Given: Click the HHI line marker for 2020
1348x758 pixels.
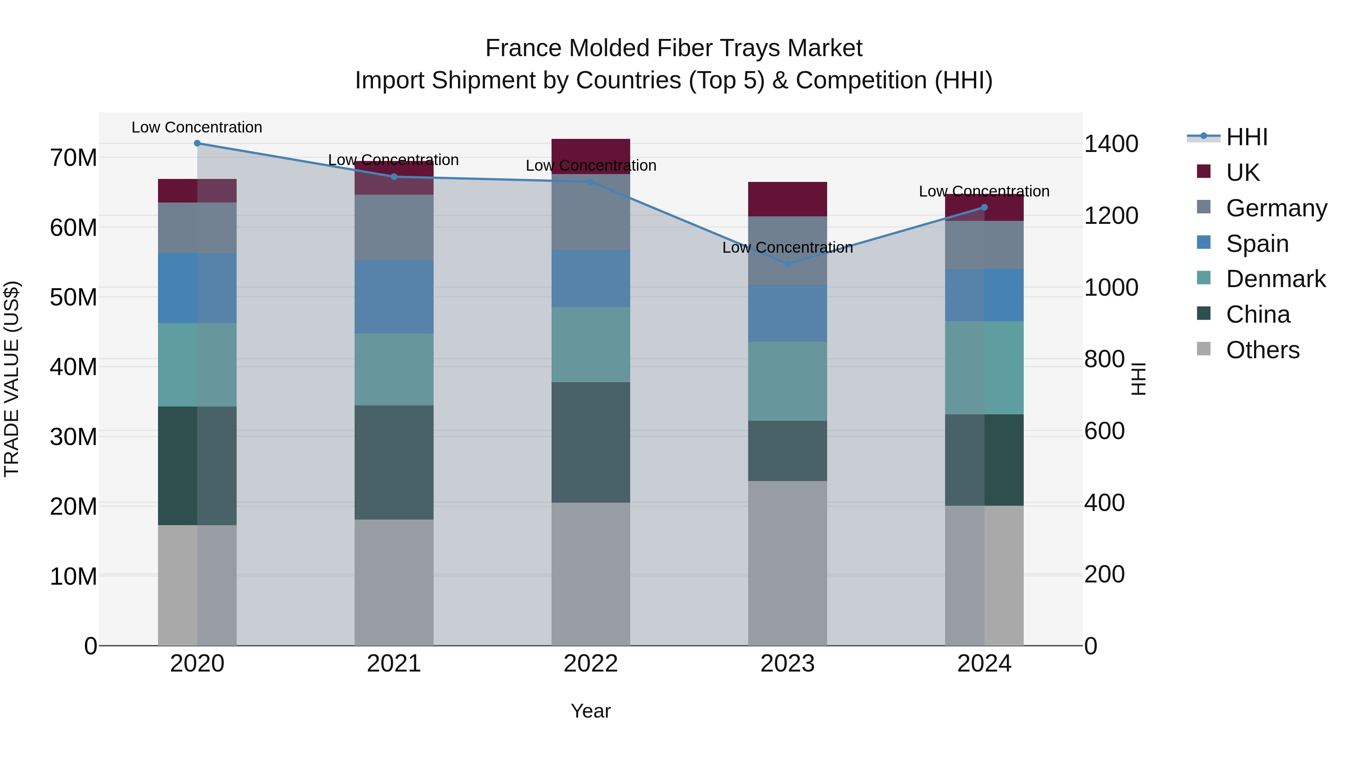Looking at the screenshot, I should click(x=197, y=143).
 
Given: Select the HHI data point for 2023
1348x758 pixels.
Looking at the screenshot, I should click(x=787, y=264).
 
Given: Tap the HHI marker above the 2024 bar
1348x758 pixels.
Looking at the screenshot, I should click(x=984, y=208).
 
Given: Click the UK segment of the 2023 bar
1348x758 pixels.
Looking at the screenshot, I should click(x=787, y=199).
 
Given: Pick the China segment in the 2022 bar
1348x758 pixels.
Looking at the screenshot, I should click(x=591, y=442).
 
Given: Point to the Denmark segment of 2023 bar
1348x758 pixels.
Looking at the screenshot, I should click(x=787, y=381).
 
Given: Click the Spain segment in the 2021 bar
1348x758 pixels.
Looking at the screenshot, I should click(x=394, y=297).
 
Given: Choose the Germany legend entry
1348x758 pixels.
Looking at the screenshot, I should click(x=1276, y=208).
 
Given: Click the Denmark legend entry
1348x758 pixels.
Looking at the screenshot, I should click(x=1275, y=279).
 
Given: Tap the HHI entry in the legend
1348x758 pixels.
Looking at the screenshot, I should click(x=1247, y=137).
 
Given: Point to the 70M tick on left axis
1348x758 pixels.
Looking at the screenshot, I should click(x=73, y=158).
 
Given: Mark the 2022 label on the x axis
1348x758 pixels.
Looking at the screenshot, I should click(x=591, y=664).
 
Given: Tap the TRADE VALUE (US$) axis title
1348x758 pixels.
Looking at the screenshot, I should click(x=12, y=379).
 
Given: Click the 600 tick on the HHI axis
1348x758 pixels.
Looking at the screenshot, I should click(x=1104, y=431).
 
